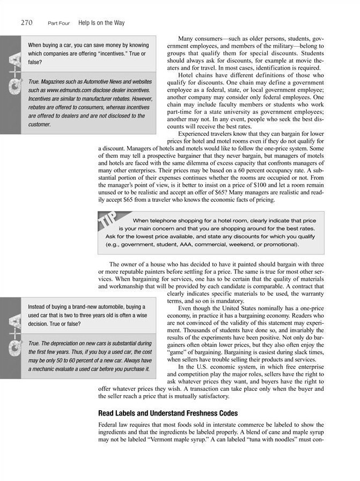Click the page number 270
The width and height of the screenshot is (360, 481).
pyautogui.click(x=27, y=23)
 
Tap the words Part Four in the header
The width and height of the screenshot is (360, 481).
pyautogui.click(x=59, y=23)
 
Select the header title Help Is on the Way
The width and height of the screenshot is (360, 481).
pyautogui.click(x=101, y=23)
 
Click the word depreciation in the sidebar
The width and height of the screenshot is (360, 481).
pyautogui.click(x=69, y=343)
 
